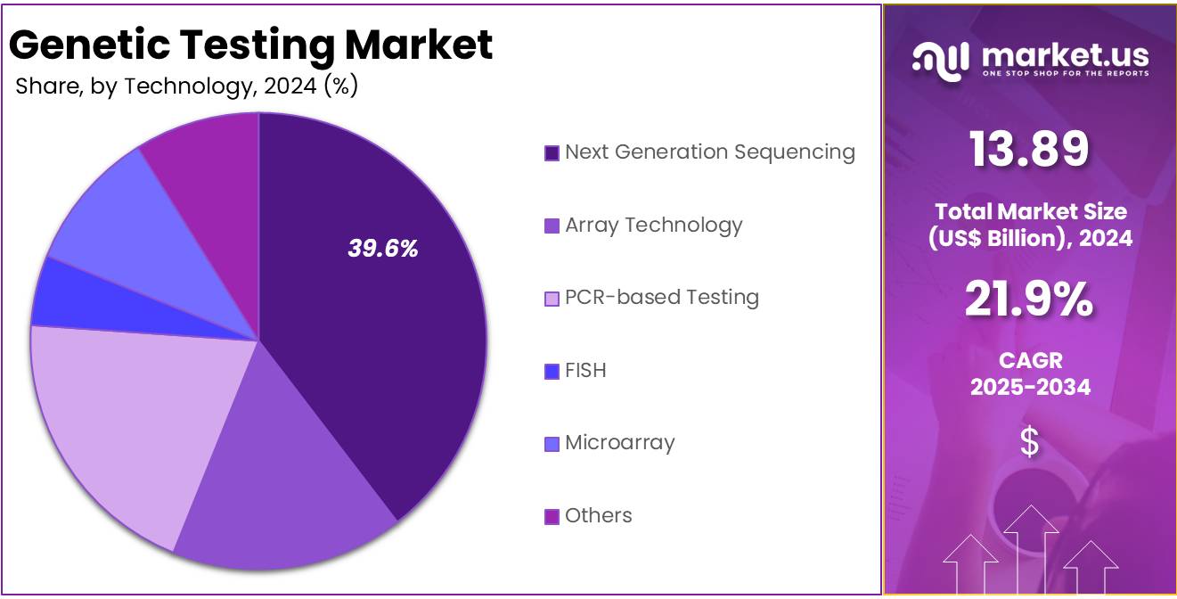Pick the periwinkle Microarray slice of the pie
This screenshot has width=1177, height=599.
click(125, 223)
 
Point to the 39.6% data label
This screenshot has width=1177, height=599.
click(382, 249)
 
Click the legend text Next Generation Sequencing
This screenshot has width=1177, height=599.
click(709, 152)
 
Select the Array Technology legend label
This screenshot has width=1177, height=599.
click(653, 226)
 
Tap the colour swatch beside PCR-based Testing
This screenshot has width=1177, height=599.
click(552, 299)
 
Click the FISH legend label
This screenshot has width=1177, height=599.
click(585, 371)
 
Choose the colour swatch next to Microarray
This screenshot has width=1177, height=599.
click(552, 444)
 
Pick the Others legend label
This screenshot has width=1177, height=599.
click(598, 516)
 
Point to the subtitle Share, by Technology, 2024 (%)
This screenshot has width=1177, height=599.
click(186, 86)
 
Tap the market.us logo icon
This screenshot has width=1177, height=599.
click(940, 62)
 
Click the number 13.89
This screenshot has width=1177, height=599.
click(1029, 149)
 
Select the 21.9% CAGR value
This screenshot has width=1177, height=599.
click(1029, 299)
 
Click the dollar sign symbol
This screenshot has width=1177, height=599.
click(1029, 442)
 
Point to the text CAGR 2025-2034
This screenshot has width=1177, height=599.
click(1029, 373)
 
